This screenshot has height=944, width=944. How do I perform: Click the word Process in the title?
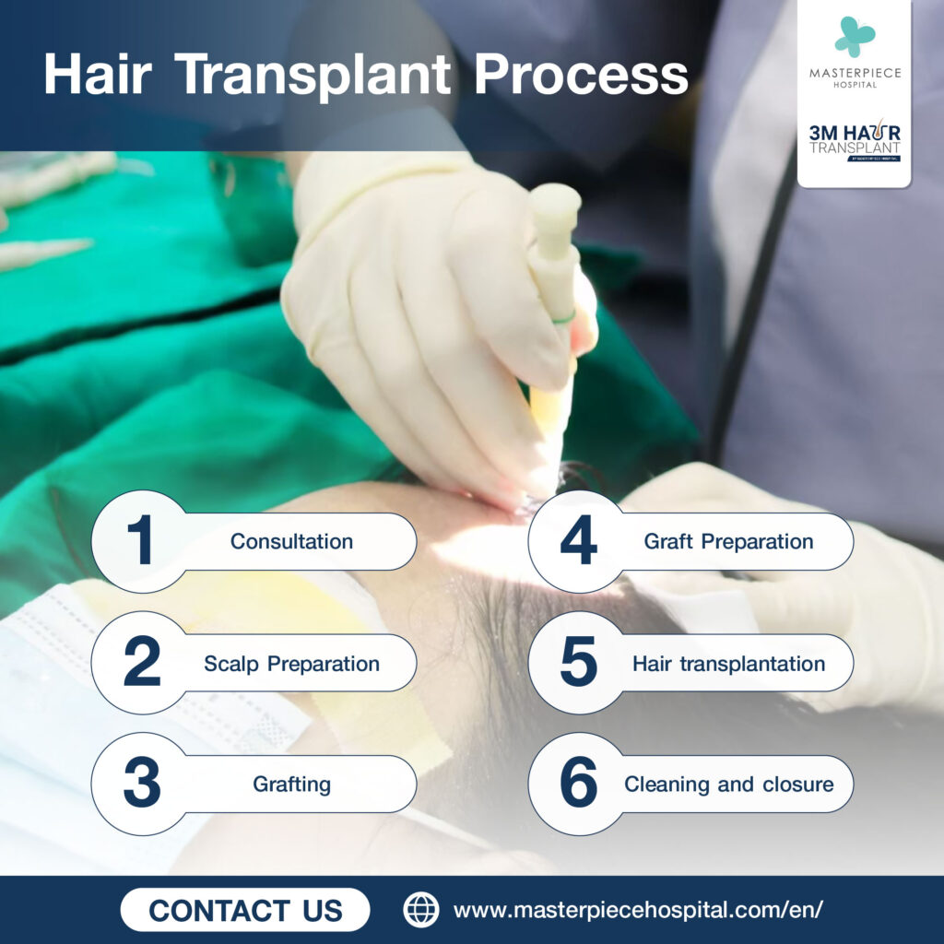(x=581, y=76)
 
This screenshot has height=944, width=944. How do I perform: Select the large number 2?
(x=141, y=663)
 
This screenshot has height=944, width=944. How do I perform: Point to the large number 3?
(x=141, y=785)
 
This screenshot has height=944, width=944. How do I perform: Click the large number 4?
(x=578, y=541)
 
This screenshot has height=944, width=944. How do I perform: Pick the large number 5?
(x=578, y=663)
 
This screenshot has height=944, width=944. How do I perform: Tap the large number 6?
(x=578, y=785)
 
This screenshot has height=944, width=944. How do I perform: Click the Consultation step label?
(x=291, y=541)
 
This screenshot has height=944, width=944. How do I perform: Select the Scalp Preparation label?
(x=291, y=664)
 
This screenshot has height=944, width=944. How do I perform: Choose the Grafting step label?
(x=291, y=785)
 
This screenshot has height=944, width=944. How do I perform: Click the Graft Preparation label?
(x=728, y=541)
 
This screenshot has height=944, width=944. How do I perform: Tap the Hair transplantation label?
(x=728, y=664)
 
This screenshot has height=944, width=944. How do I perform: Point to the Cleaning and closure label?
(x=728, y=785)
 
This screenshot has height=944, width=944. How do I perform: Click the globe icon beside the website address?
(x=421, y=910)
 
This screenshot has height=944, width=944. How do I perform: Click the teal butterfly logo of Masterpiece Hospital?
(x=855, y=36)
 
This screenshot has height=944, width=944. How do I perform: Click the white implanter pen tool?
(x=554, y=277)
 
